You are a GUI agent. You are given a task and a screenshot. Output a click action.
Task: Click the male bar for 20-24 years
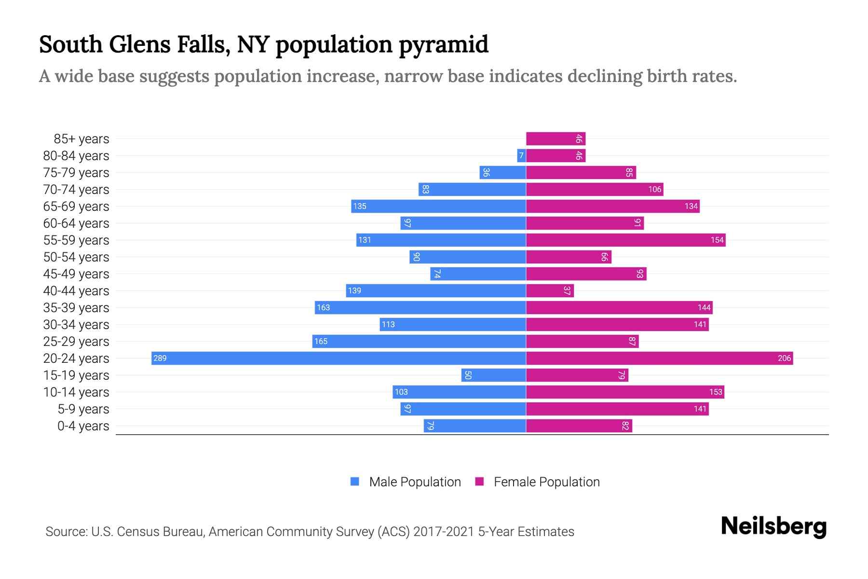(338, 358)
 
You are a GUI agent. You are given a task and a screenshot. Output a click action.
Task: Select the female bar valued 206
(659, 358)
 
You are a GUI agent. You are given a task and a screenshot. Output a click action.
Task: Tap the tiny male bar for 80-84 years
(521, 155)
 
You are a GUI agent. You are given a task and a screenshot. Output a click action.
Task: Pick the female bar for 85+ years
(556, 138)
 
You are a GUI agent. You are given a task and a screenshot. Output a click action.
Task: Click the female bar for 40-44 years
(550, 290)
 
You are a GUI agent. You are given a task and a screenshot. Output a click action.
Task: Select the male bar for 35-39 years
(420, 307)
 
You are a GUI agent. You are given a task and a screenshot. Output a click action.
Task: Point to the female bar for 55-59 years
(625, 240)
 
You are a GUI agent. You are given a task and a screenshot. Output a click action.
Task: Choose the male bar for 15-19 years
(493, 375)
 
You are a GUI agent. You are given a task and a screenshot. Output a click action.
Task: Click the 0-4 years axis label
(83, 426)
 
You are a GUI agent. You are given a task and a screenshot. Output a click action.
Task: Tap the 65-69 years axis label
(76, 207)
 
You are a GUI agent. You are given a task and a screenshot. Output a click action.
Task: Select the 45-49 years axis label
(76, 274)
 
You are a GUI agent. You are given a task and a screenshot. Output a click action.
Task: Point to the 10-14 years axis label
(76, 392)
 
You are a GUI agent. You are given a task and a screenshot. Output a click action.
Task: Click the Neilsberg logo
(773, 526)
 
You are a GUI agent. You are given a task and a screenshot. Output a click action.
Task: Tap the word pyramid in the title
(443, 45)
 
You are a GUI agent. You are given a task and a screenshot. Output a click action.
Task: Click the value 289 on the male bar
(160, 358)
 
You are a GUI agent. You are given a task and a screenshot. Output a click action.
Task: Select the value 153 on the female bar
(716, 392)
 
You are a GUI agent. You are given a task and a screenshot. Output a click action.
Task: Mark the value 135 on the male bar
(360, 206)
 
